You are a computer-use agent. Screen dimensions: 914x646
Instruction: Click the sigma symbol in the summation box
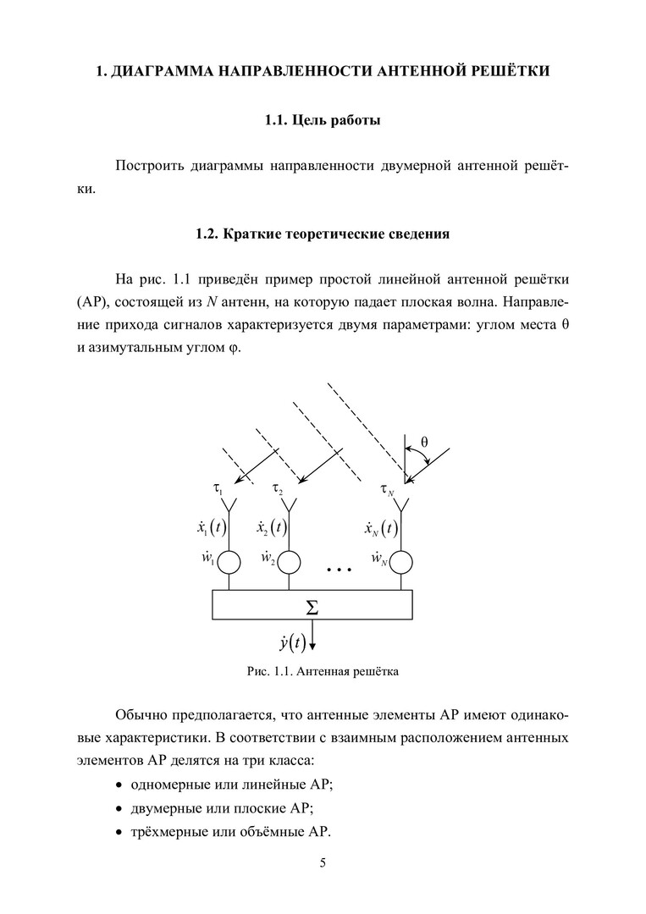click(312, 607)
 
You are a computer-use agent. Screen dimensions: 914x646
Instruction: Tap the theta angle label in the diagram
click(424, 442)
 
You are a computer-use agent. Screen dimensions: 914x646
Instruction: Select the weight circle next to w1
click(230, 561)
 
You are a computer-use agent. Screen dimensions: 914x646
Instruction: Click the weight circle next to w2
click(290, 561)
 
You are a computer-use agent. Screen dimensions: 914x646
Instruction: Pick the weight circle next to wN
click(401, 561)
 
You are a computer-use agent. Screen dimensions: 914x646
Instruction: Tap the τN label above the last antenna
click(387, 490)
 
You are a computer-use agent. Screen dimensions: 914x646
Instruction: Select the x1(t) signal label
click(207, 529)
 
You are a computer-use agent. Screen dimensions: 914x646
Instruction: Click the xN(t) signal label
click(381, 529)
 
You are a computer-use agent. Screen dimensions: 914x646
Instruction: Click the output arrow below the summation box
click(312, 636)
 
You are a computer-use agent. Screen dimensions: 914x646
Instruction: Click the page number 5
click(323, 863)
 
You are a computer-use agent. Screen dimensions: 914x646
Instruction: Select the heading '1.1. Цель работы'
click(323, 120)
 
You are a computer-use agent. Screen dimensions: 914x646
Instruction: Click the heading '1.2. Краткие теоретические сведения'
click(323, 234)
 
